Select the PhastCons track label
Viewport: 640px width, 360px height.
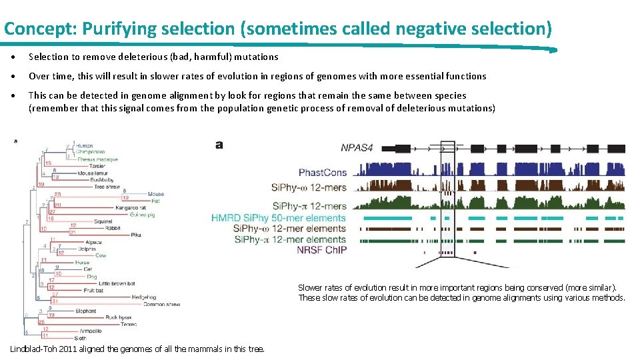(x=323, y=172)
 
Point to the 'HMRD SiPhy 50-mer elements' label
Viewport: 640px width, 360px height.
(x=279, y=217)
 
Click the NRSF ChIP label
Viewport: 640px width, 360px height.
(x=323, y=249)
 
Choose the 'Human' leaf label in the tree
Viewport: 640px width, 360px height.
(x=85, y=146)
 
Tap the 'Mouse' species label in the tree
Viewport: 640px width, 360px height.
(x=155, y=194)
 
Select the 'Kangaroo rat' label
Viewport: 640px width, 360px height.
(x=127, y=207)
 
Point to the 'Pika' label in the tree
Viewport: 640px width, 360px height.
(x=135, y=235)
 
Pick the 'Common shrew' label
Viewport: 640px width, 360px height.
(x=161, y=304)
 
